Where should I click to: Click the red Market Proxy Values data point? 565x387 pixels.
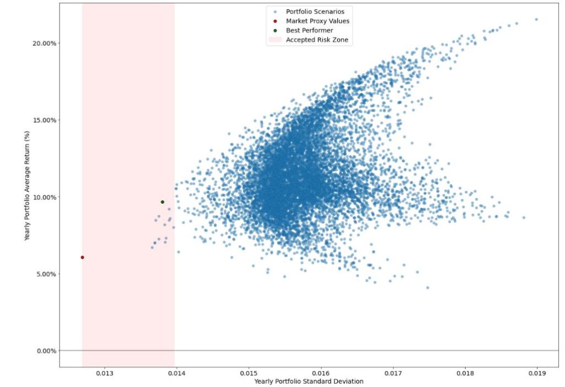tap(82, 257)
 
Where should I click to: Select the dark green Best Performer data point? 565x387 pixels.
tap(162, 202)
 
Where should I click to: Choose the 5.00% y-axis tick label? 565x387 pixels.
tap(44, 274)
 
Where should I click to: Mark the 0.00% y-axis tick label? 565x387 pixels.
tap(44, 351)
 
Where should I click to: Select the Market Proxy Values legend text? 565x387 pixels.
tap(317, 21)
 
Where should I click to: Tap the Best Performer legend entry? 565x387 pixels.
tap(309, 30)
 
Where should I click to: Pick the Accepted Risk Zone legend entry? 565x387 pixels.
tap(317, 40)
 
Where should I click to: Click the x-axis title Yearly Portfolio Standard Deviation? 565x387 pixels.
tap(308, 381)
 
